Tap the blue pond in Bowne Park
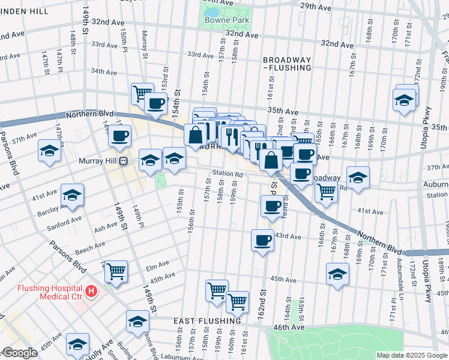click(x=211, y=11)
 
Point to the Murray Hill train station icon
click(x=123, y=161)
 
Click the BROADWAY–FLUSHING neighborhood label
click(x=286, y=64)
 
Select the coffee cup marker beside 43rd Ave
click(x=262, y=240)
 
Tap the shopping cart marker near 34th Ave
click(x=142, y=93)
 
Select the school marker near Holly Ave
click(x=77, y=344)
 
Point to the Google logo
click(x=20, y=353)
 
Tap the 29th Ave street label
click(x=316, y=6)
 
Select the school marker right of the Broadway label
click(x=358, y=178)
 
